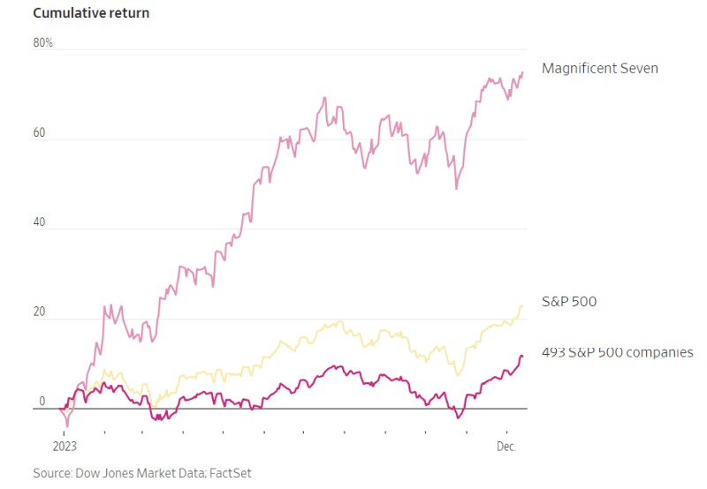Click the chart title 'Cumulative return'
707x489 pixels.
click(x=91, y=13)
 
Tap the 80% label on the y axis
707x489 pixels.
click(x=43, y=42)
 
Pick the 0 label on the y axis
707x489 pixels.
click(x=42, y=402)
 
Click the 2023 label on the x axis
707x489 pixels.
click(x=65, y=447)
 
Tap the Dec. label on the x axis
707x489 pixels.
click(x=506, y=447)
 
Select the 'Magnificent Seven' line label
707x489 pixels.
click(x=599, y=68)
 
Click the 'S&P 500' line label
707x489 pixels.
click(x=568, y=302)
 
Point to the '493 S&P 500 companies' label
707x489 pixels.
click(x=617, y=353)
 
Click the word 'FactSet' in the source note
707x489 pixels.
click(x=231, y=473)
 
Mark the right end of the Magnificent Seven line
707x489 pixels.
click(x=523, y=72)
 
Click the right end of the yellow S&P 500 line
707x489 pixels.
click(x=523, y=305)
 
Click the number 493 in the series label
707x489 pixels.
click(x=554, y=353)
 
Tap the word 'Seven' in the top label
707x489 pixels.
click(x=639, y=68)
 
